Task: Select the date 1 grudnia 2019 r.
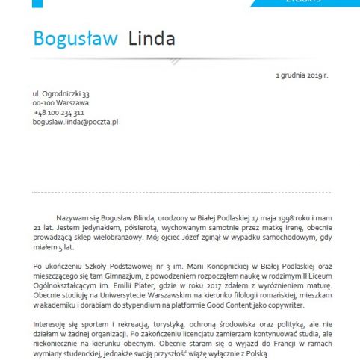coord(301,75)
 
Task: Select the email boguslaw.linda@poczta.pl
coord(75,121)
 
